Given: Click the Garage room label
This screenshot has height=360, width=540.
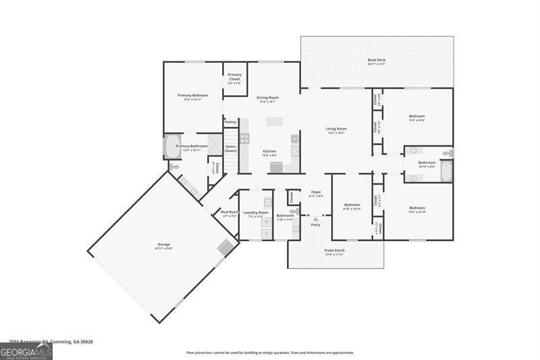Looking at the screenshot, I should (x=164, y=245).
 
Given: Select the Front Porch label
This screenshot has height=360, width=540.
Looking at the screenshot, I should (x=335, y=252).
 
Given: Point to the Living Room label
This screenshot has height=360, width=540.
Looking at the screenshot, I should (x=336, y=130).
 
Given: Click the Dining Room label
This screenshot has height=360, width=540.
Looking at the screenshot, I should (x=267, y=99).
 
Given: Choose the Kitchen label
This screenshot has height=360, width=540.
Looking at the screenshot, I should (x=269, y=152).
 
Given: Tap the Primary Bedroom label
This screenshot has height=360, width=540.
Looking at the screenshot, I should (x=192, y=97).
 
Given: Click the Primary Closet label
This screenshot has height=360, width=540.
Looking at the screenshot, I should (x=234, y=78).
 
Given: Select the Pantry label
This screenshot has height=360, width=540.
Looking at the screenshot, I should (x=230, y=122).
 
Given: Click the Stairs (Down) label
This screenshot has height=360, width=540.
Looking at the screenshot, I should (x=231, y=149).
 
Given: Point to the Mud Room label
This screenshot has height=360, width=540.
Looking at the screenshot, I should (x=229, y=213).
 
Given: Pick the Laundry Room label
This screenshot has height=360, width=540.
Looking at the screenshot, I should (x=256, y=213).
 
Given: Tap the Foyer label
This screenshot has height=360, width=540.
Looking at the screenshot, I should (x=315, y=194).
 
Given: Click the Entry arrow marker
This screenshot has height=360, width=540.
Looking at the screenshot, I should (x=315, y=219).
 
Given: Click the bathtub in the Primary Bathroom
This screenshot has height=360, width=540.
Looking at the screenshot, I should (x=169, y=147).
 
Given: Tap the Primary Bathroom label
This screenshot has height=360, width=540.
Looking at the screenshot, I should (x=192, y=147).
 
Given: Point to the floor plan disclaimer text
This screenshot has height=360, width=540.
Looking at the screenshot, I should (x=269, y=353).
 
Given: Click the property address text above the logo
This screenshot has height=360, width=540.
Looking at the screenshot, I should (x=51, y=342).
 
